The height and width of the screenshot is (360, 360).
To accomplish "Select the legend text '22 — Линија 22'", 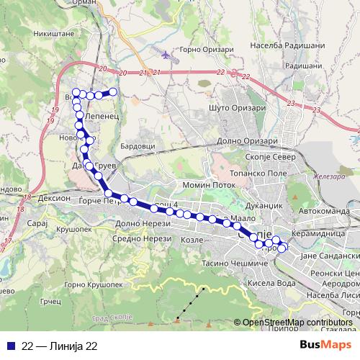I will (x=60, y=346).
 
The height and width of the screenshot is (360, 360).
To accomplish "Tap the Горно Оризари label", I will (x=202, y=49).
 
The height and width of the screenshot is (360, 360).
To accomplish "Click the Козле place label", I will (x=193, y=238).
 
